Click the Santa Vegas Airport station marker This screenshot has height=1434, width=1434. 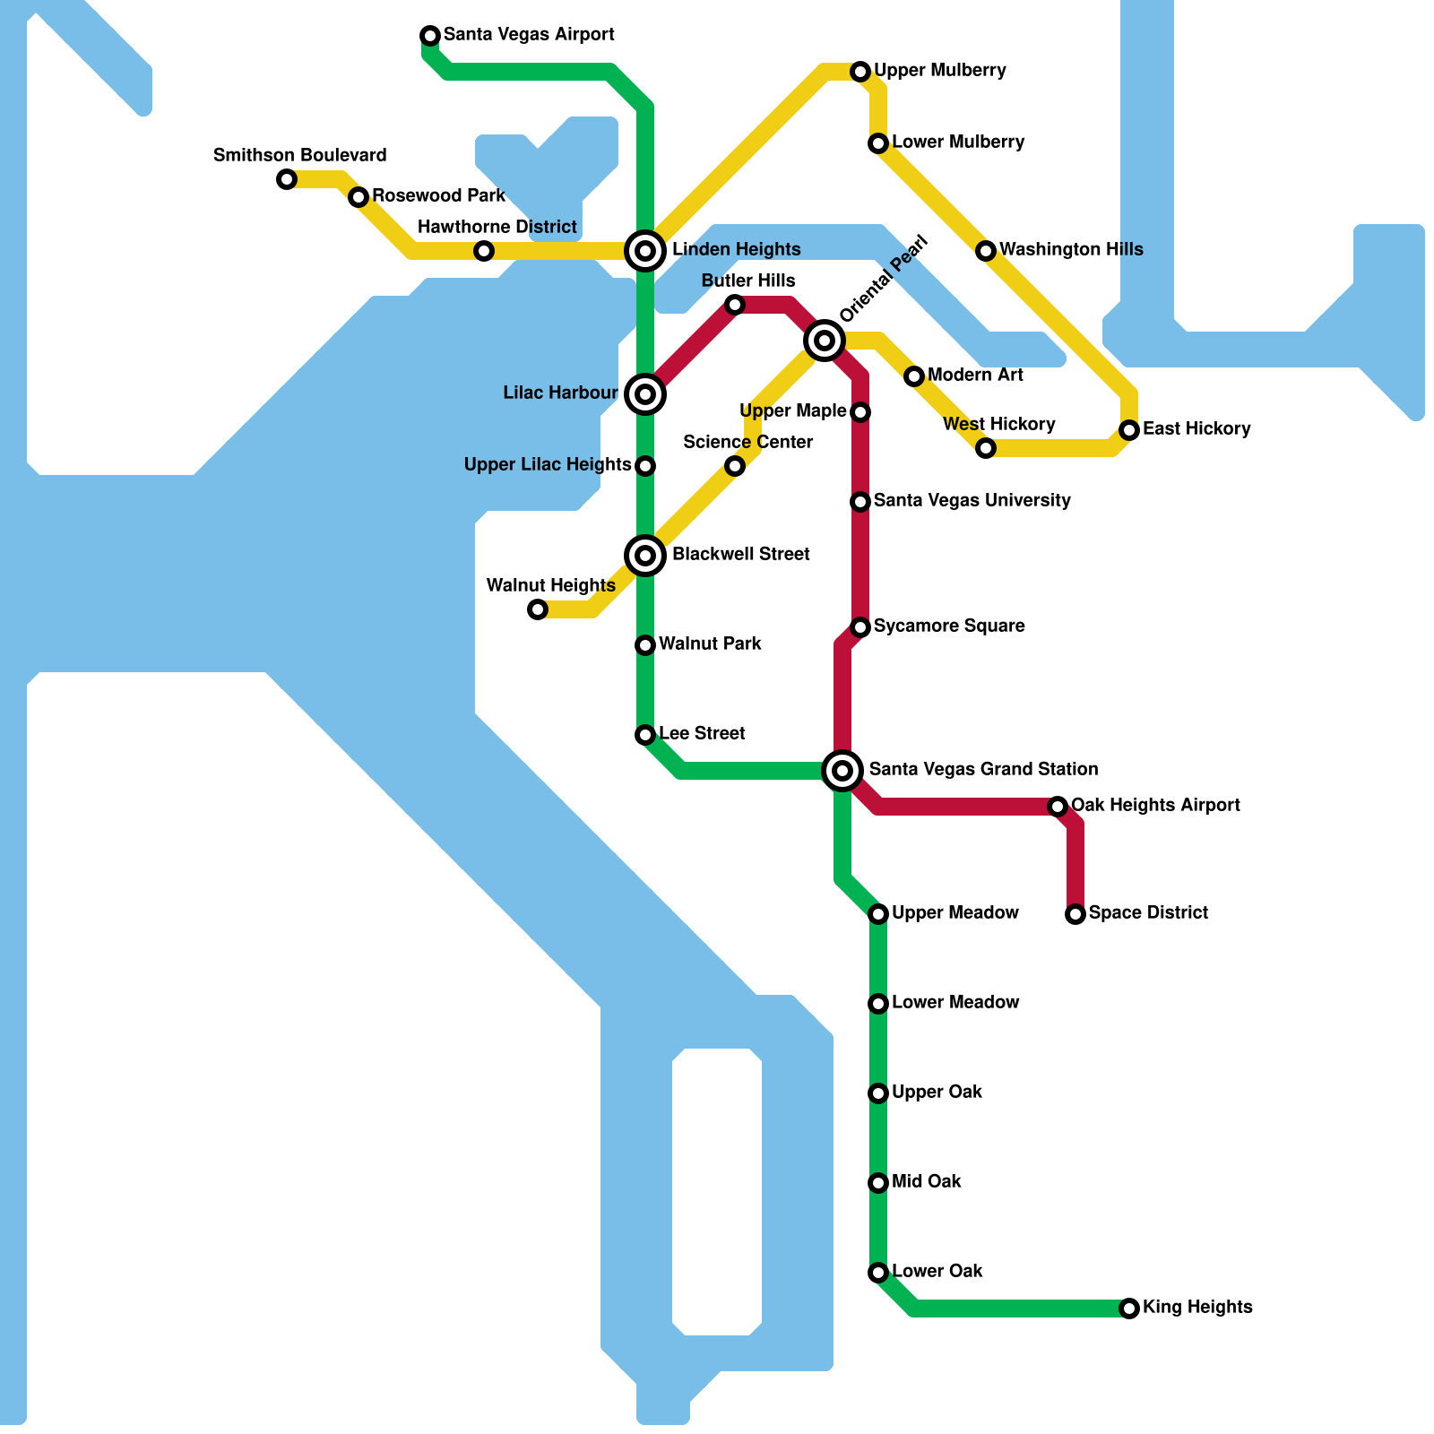(430, 36)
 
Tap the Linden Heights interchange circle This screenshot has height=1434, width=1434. (645, 251)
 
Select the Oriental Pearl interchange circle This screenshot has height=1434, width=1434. (825, 341)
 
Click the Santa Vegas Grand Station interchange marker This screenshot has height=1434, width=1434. (842, 770)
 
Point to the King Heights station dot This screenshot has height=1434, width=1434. (1129, 1309)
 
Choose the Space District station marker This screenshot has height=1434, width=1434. (1075, 914)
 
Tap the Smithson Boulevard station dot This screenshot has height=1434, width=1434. (287, 179)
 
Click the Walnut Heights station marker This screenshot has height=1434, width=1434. (538, 609)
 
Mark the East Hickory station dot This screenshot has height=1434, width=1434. (1129, 430)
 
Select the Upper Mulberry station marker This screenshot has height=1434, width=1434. (860, 72)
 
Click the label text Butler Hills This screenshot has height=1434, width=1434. (748, 281)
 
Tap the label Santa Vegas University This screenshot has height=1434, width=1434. (972, 500)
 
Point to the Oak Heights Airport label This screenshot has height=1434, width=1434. (1155, 805)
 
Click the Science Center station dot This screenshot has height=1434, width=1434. (735, 466)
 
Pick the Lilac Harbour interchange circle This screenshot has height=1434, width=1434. (645, 394)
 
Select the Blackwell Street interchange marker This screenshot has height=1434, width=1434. (645, 556)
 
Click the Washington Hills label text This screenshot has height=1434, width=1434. (1071, 249)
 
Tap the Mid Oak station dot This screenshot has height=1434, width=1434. (878, 1183)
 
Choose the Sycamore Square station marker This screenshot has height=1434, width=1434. (860, 627)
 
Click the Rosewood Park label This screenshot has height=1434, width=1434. (438, 195)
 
